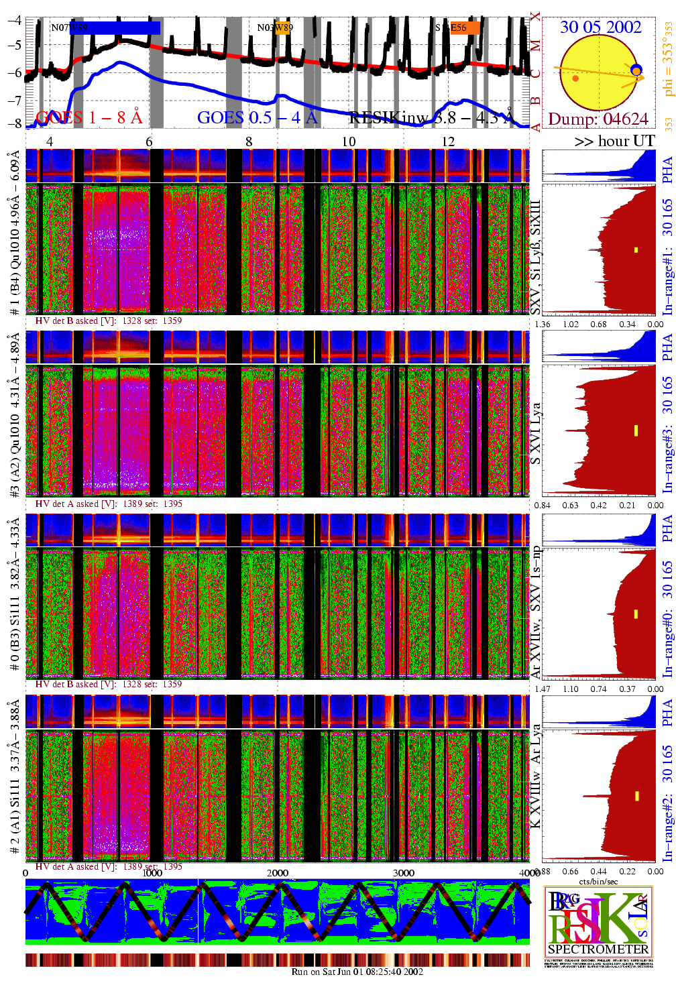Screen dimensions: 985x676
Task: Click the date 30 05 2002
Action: click(600, 27)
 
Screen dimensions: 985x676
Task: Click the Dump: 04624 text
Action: click(598, 119)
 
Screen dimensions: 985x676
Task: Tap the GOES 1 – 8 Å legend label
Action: click(89, 117)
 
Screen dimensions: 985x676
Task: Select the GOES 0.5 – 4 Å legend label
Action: click(258, 117)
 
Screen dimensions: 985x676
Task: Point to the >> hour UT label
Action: click(614, 141)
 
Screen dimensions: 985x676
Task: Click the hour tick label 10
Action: click(349, 141)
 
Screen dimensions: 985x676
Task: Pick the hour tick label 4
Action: click(50, 141)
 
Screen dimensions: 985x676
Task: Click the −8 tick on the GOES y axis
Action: click(14, 123)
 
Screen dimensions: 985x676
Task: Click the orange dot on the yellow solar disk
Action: click(575, 78)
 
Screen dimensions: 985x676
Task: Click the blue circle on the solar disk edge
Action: click(636, 70)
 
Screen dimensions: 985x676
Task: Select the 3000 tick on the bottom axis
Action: click(403, 873)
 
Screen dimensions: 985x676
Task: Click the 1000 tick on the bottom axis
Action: click(152, 873)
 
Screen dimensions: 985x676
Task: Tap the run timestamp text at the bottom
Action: click(357, 972)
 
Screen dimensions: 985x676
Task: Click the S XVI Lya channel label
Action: click(535, 434)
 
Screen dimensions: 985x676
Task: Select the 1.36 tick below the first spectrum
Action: click(543, 325)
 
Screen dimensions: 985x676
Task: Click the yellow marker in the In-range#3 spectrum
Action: click(636, 430)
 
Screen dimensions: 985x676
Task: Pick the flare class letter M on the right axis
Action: click(535, 46)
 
